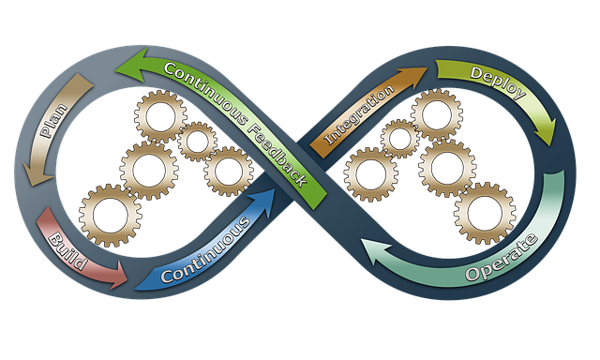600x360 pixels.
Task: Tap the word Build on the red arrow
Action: tap(68, 248)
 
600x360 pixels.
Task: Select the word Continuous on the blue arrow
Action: tap(205, 252)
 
